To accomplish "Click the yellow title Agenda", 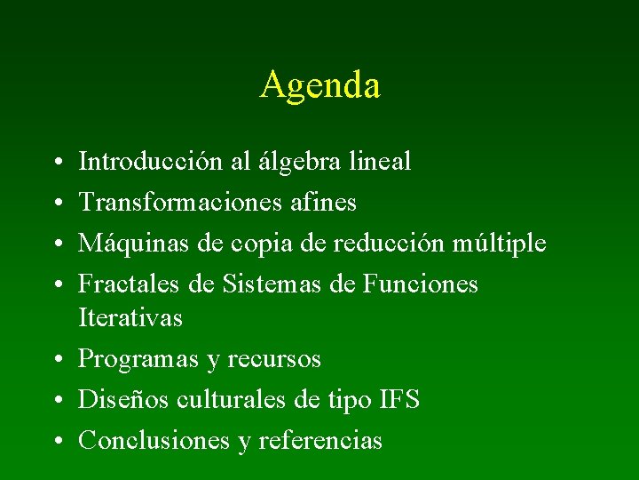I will point(320,85).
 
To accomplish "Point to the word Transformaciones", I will point(180,203).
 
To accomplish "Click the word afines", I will point(324,203).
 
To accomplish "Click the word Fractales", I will point(129,284).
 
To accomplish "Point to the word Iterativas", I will point(130,317).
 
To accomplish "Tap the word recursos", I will point(274,359).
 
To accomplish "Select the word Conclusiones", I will point(155,441).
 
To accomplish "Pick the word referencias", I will point(320,441).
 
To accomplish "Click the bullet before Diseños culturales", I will point(55,401).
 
